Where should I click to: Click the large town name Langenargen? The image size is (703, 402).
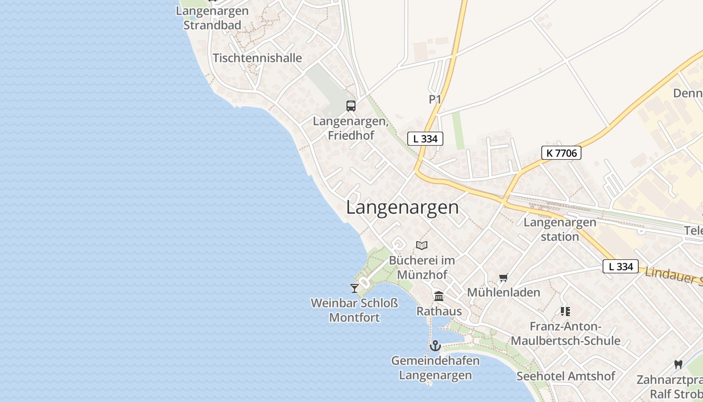click(402, 208)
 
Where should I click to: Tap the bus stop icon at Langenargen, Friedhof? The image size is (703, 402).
click(351, 106)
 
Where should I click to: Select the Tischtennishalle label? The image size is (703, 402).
click(258, 58)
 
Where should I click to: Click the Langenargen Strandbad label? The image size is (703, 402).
click(212, 18)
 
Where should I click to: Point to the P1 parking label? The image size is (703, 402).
click(435, 99)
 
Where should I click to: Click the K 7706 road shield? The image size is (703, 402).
click(561, 153)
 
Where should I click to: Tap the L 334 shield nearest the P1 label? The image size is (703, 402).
click(425, 139)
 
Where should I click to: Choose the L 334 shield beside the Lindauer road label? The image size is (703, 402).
click(621, 266)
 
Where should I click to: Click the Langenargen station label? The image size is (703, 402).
click(560, 229)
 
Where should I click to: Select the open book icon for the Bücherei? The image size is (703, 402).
click(422, 245)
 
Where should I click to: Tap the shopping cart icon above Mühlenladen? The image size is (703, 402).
click(503, 278)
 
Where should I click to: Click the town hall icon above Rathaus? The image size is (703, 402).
click(439, 296)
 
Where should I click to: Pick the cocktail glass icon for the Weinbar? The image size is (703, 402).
click(355, 288)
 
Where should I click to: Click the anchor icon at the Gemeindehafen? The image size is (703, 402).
click(435, 345)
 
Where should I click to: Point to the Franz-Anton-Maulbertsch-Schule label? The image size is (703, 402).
click(565, 334)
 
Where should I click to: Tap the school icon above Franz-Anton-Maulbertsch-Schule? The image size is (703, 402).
click(565, 312)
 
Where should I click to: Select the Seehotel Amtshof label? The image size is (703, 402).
click(566, 376)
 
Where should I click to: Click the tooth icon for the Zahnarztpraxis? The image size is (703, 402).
click(678, 364)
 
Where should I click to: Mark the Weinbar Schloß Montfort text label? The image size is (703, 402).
click(355, 310)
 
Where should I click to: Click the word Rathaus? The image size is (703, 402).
click(439, 311)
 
